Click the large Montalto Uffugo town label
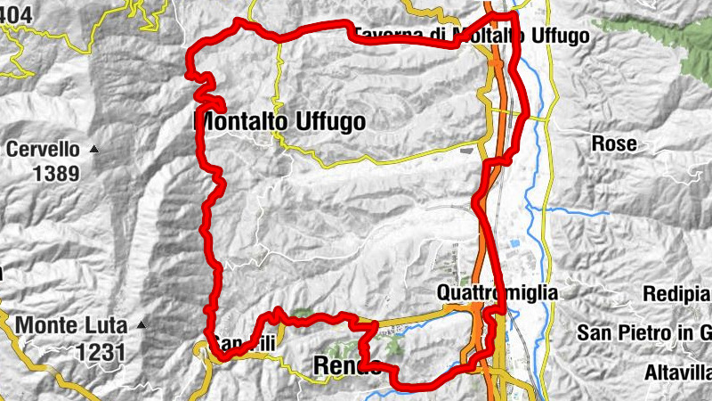[279, 122]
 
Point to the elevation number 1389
[56, 173]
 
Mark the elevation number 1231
[101, 351]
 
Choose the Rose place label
[614, 143]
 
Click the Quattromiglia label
[498, 292]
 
